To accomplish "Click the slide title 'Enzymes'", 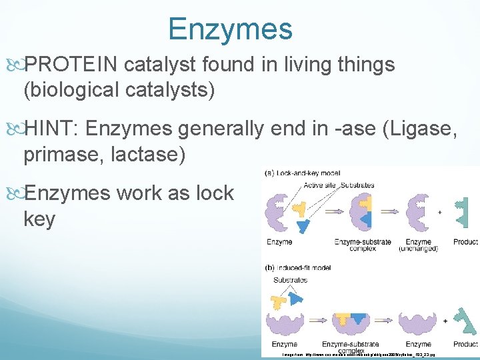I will pyautogui.click(x=230, y=29).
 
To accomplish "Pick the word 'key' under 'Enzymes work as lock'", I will pyautogui.click(x=39, y=219).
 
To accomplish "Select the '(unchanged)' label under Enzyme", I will pyautogui.click(x=417, y=249).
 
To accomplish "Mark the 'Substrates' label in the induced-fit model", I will pyautogui.click(x=288, y=281).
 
